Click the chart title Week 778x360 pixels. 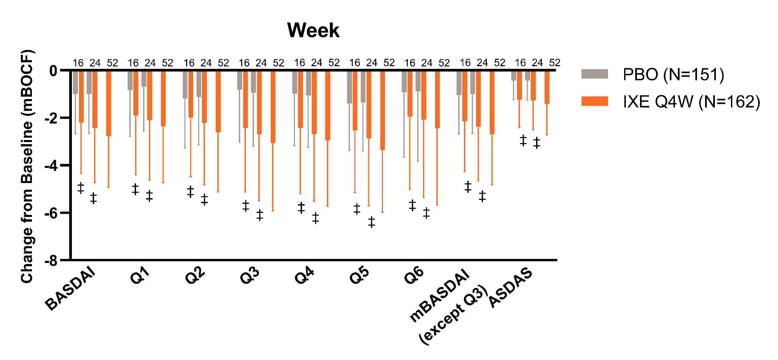(313, 30)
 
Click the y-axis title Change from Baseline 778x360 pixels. (28, 167)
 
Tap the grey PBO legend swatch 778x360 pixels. (594, 74)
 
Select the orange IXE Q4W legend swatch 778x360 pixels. (594, 101)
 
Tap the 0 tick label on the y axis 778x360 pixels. (53, 71)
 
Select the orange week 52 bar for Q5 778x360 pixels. (382, 110)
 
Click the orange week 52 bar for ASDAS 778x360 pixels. (547, 87)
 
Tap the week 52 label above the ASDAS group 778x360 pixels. (555, 63)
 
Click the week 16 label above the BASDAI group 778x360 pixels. (78, 63)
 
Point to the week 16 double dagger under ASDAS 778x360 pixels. (523, 140)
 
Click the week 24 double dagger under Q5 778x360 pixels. (371, 222)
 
